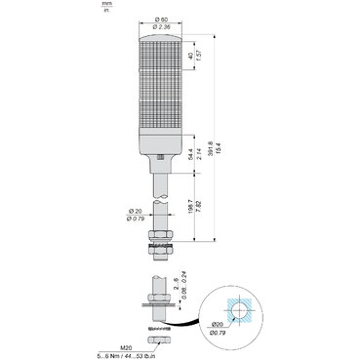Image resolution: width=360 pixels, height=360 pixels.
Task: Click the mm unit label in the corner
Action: pos(105,5)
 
